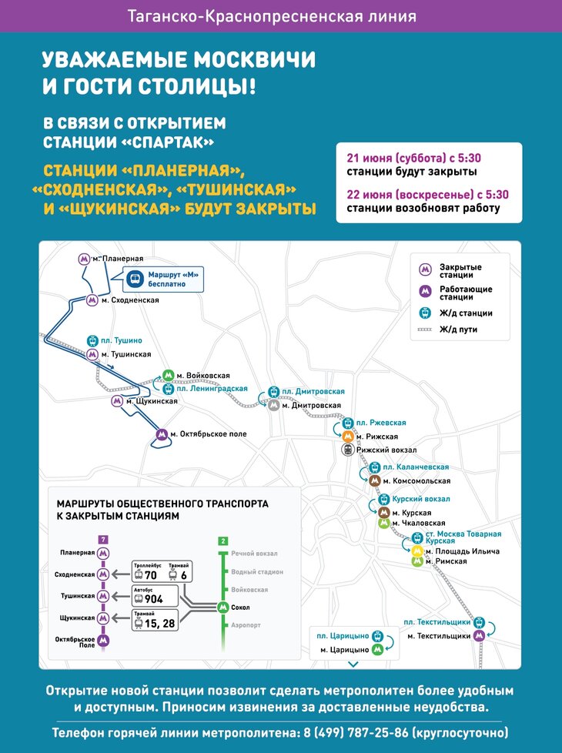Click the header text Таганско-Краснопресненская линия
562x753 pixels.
click(x=281, y=15)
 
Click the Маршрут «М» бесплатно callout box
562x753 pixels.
click(x=166, y=279)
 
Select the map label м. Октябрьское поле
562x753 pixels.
click(x=208, y=434)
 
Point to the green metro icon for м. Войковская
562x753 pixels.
click(x=168, y=376)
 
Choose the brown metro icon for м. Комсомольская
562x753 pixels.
click(x=375, y=480)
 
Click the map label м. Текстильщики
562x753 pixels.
click(x=439, y=636)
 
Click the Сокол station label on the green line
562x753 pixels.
click(x=241, y=607)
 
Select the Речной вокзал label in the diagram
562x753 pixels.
click(x=254, y=554)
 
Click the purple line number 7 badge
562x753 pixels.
click(x=103, y=539)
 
